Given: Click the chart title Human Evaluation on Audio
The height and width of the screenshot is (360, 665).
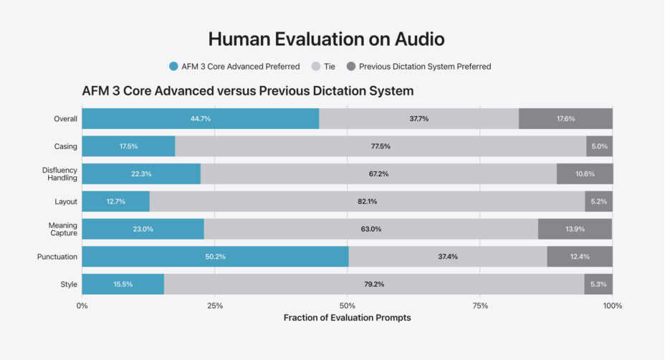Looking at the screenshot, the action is click(326, 39).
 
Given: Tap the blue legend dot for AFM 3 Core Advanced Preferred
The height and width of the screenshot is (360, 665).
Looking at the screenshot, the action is click(173, 66).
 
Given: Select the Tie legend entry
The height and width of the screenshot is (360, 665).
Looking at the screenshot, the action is click(323, 66).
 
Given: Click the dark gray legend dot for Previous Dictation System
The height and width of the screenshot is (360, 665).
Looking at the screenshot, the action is click(350, 66).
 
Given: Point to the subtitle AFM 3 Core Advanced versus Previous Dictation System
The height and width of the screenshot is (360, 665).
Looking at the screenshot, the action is click(248, 91).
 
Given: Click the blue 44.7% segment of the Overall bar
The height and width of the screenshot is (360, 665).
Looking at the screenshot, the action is click(201, 118).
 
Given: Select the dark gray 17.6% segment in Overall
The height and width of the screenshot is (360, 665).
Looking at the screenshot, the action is click(566, 118).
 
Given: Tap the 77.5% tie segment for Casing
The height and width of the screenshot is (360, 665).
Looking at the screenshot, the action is click(381, 146).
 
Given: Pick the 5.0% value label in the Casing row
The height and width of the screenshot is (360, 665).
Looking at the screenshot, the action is click(599, 146).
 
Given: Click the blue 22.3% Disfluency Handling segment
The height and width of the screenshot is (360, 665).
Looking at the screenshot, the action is click(141, 174).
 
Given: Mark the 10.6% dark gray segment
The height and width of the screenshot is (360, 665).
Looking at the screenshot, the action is click(585, 174).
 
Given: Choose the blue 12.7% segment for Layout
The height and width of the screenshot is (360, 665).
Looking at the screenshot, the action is click(116, 202).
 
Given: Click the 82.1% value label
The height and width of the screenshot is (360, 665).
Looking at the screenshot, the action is click(368, 202).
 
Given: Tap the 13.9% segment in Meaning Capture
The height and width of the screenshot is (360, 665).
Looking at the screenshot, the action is click(575, 229).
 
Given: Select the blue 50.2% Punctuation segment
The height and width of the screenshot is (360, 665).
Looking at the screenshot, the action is click(216, 257).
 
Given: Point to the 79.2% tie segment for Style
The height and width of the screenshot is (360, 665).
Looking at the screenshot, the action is click(374, 284).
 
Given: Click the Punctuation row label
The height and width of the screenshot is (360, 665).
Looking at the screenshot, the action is click(57, 257).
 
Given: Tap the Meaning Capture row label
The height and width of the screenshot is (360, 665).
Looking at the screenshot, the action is click(63, 229).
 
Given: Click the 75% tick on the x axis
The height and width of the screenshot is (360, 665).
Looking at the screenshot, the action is click(480, 305).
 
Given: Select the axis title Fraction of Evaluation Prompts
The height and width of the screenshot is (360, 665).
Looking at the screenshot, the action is click(348, 318).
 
